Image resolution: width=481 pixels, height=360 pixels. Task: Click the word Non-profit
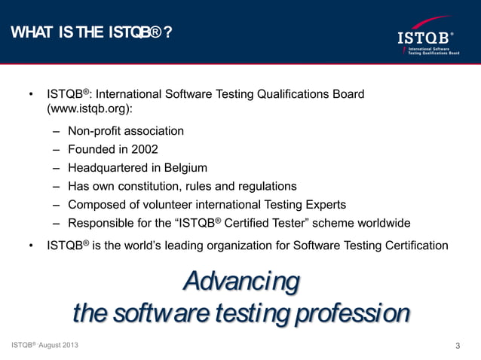[x=93, y=131]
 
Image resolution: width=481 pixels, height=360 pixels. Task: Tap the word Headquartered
[x=107, y=167]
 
